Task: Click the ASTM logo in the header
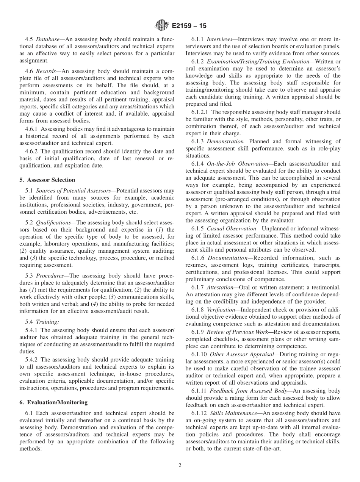click(162, 26)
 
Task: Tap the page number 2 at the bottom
click(180, 466)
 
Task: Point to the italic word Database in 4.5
click(47, 39)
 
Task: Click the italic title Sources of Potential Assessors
click(71, 191)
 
